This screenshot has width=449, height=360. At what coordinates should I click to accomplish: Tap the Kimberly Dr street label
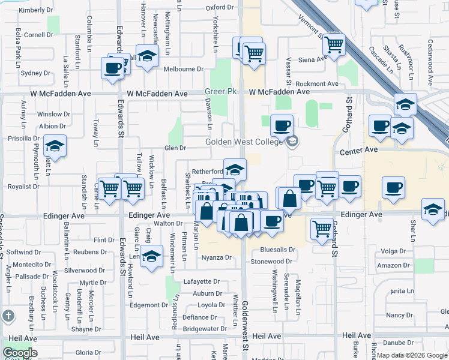37,10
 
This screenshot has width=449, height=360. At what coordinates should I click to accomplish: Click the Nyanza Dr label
216,257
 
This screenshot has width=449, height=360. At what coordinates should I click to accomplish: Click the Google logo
20,353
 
